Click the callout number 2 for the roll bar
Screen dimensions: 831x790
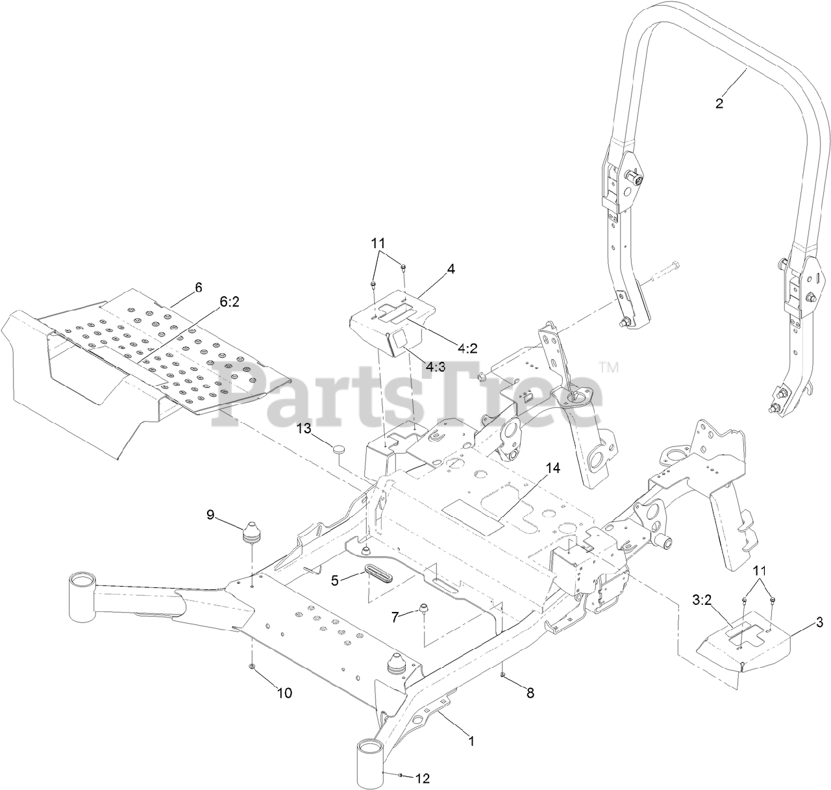719,103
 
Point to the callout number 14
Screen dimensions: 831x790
552,468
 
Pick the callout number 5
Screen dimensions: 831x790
335,580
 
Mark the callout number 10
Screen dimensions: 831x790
285,693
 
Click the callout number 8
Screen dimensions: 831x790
530,693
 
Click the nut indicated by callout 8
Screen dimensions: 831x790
503,676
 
